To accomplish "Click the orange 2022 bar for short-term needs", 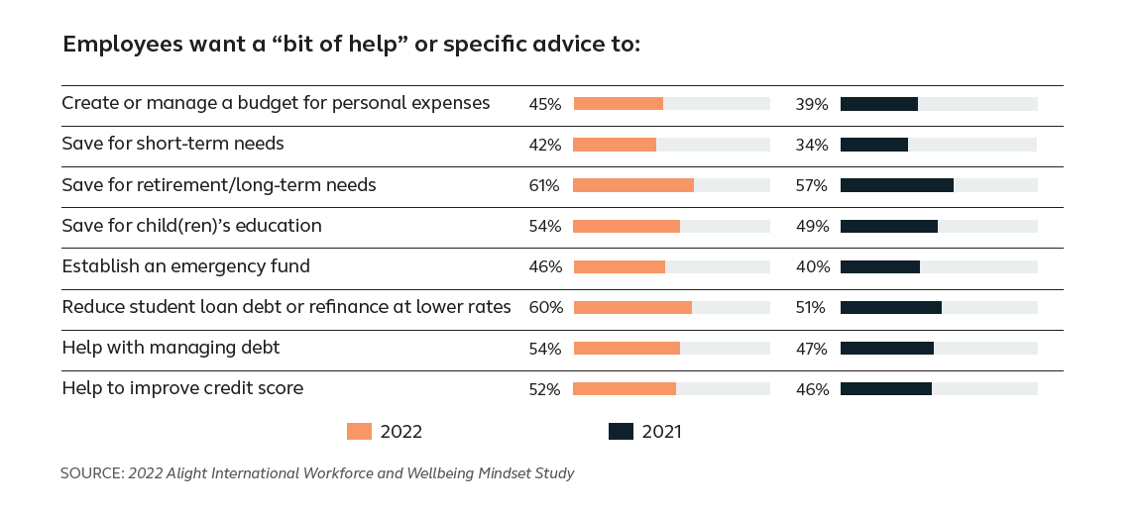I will [615, 145].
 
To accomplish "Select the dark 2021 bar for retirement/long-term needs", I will [896, 185].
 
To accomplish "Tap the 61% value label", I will [544, 185].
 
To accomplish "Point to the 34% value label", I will [811, 145].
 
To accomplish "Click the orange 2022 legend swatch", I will [359, 431].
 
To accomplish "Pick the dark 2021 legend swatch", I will [621, 431].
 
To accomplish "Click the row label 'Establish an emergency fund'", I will [185, 266].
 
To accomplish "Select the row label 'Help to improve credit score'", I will [182, 388].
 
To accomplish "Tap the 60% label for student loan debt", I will [545, 307].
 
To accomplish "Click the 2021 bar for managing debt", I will [886, 348].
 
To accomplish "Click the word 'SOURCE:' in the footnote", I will [91, 473].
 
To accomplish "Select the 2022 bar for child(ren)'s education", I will [627, 226].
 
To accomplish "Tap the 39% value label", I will [811, 104].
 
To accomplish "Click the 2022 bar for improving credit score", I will [625, 388].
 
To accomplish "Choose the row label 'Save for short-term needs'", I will [172, 145].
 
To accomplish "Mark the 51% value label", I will [811, 307].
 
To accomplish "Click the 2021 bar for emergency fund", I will [880, 266].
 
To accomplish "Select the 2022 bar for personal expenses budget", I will [618, 104].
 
